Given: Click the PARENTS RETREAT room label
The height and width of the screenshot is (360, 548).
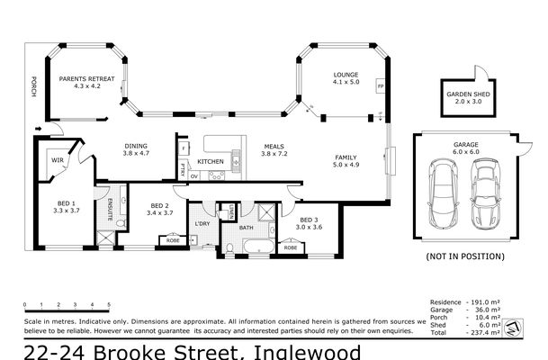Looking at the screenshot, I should coord(88,79).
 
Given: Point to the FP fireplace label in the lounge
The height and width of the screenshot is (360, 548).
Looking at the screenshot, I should coord(381,87).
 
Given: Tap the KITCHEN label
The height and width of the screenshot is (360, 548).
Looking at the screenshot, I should coord(211,161).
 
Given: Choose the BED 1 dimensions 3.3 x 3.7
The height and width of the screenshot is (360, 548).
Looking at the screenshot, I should coord(67,210).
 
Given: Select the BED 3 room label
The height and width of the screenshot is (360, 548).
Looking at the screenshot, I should coord(308,220).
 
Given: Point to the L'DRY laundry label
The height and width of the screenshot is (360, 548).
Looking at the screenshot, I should coord(202,222).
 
